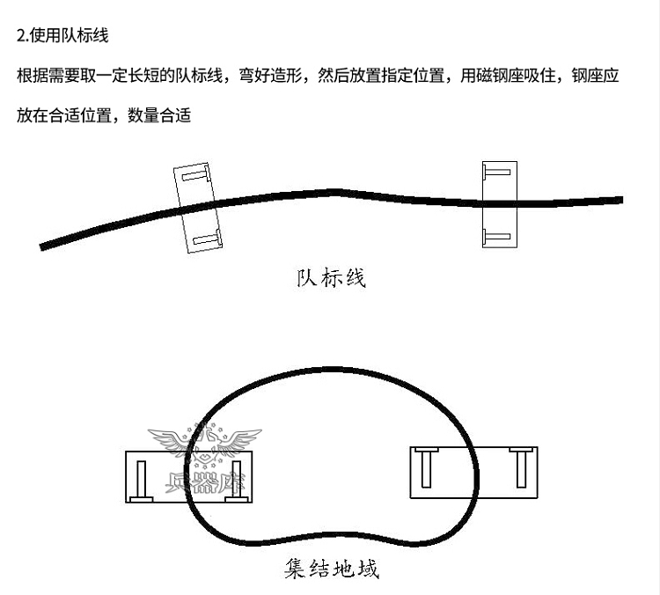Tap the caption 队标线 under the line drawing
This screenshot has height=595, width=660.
click(330, 279)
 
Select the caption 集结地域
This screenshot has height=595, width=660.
click(332, 569)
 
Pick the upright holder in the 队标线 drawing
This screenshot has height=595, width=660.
click(499, 203)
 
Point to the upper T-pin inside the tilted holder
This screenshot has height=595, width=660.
click(194, 175)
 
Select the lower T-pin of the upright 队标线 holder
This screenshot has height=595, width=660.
click(495, 235)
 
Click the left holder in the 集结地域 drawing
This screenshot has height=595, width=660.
click(187, 476)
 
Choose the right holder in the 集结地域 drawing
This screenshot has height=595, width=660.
click(474, 473)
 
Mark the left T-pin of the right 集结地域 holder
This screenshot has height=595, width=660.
click(424, 467)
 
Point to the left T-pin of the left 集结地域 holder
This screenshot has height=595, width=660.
click(139, 480)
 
